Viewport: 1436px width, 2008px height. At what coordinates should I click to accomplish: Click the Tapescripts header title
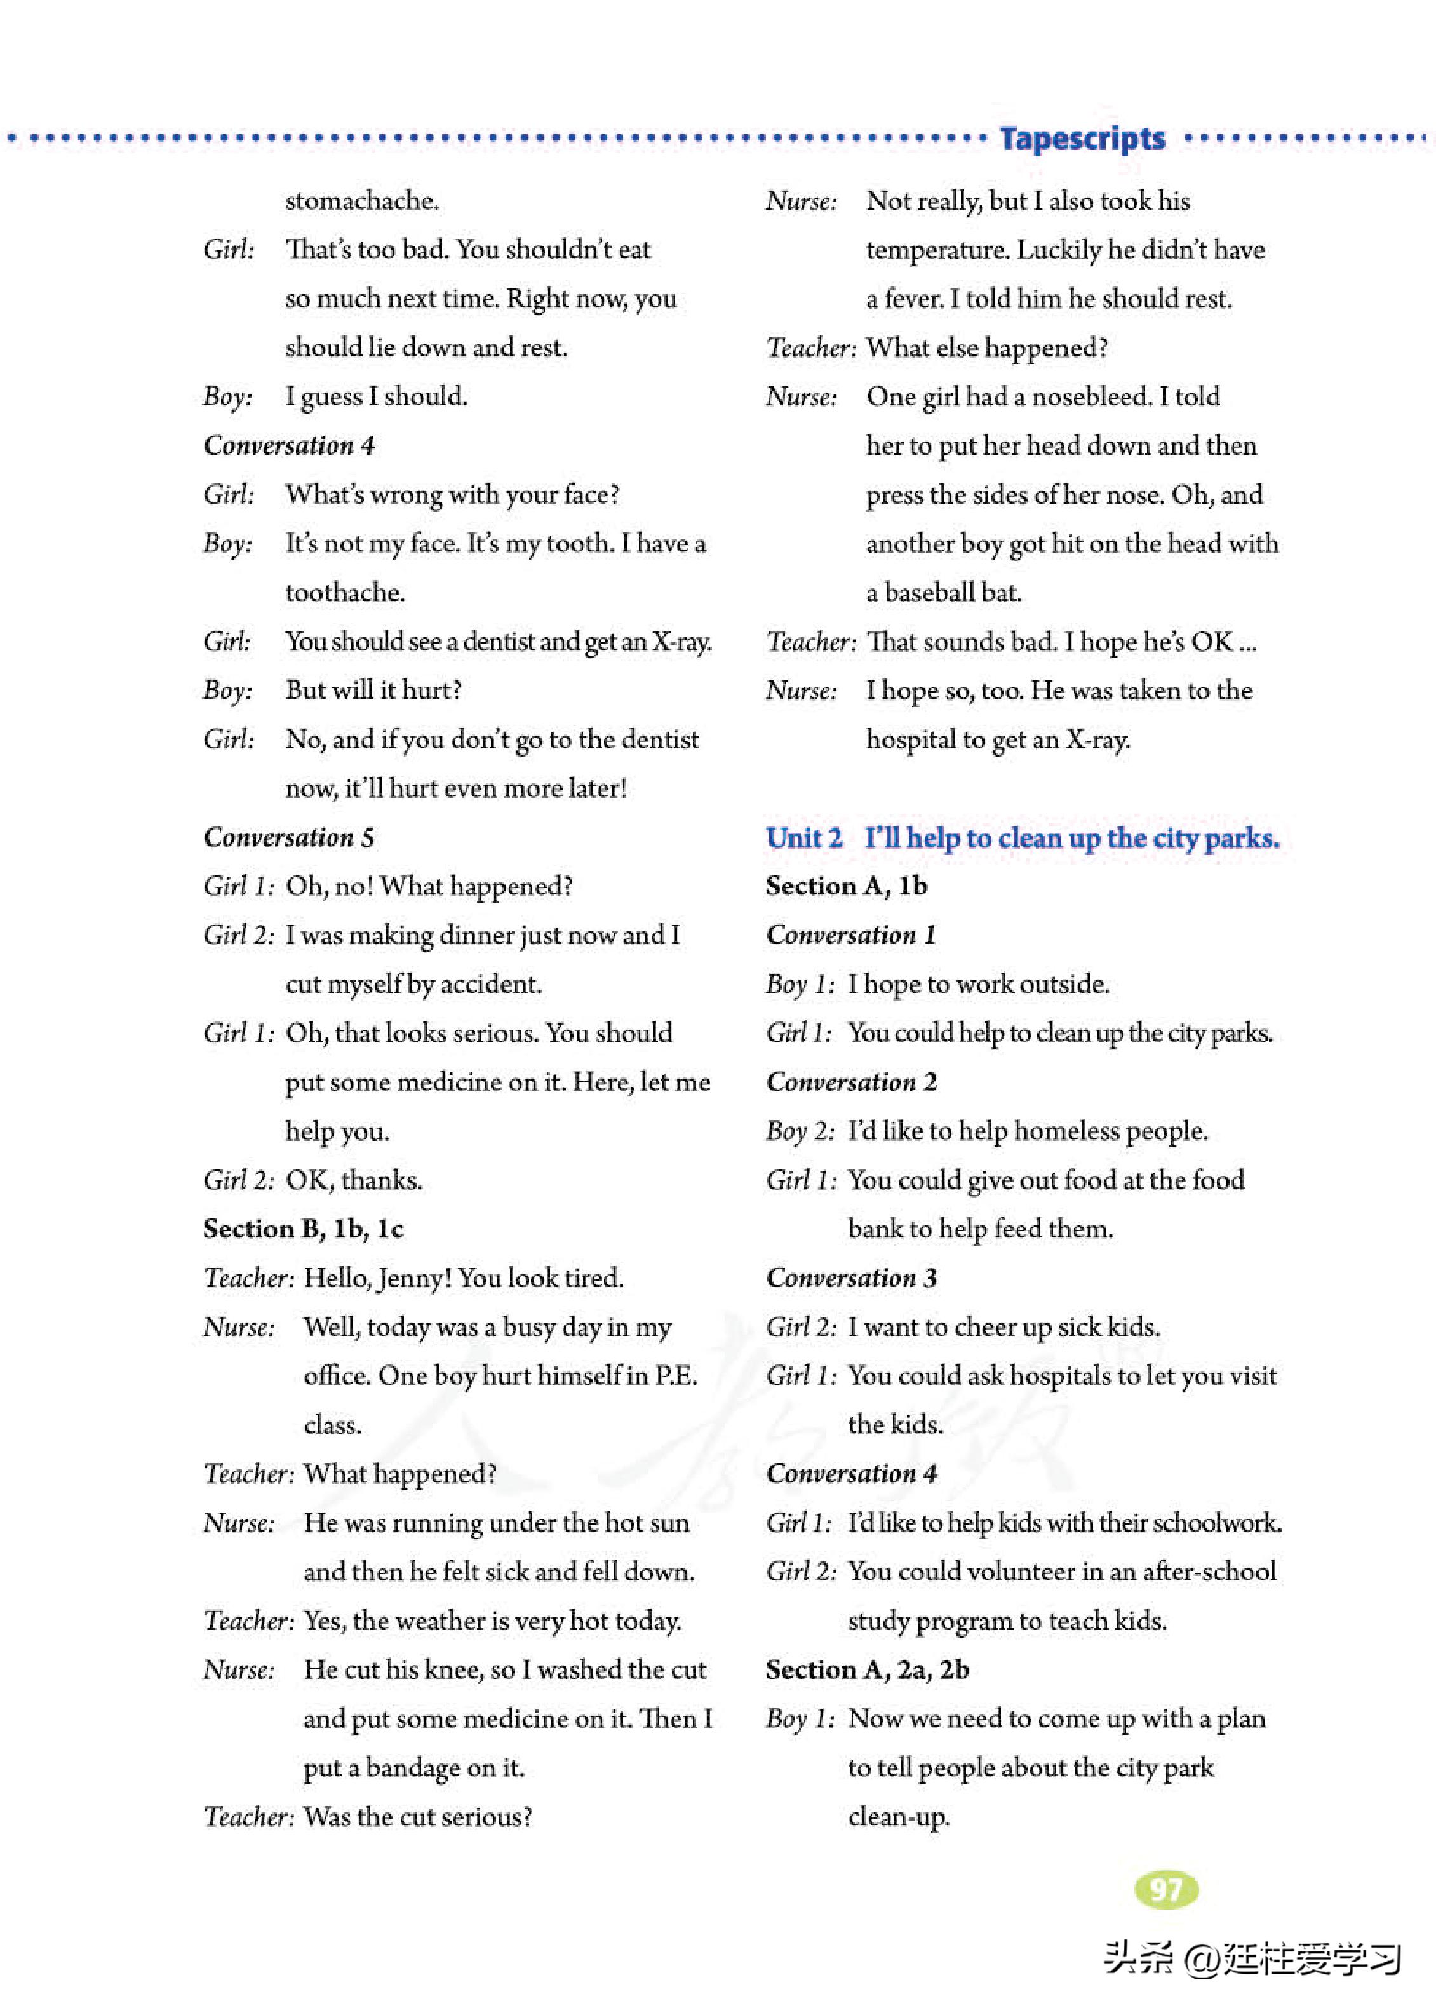coord(1082,139)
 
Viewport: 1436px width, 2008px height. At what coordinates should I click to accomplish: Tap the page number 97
coord(1165,1889)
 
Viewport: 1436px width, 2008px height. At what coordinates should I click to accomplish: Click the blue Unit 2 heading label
coord(804,837)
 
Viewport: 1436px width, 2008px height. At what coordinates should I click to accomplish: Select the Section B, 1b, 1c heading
coord(304,1229)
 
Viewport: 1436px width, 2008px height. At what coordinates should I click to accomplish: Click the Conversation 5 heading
coord(289,837)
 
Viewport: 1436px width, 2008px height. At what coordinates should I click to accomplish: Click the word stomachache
coord(361,201)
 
